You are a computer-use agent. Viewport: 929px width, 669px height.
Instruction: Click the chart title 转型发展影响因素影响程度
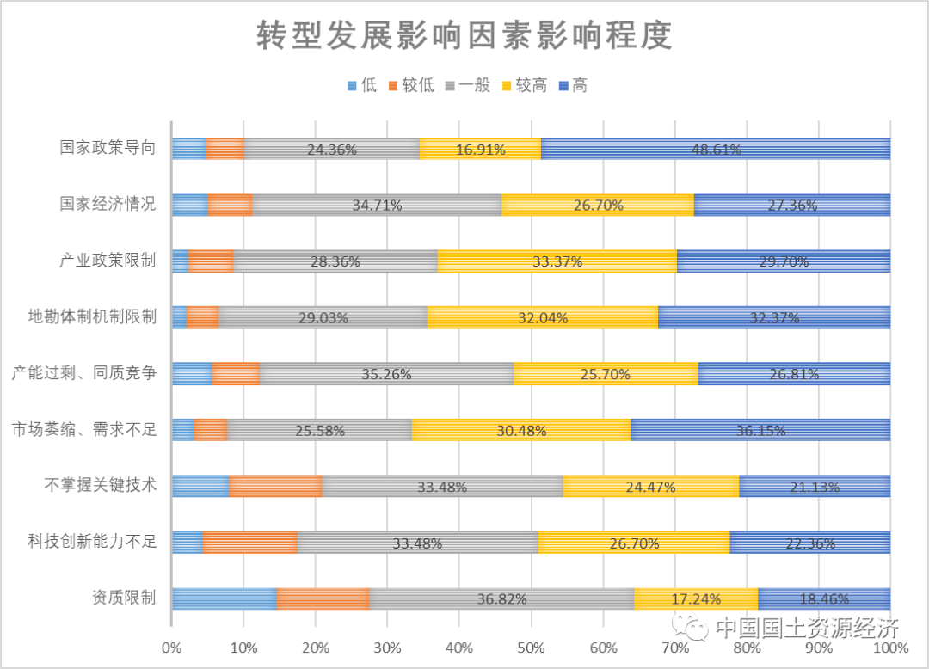point(464,37)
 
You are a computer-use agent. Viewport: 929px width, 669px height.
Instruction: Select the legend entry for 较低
point(411,85)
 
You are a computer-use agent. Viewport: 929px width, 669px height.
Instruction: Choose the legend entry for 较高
point(523,85)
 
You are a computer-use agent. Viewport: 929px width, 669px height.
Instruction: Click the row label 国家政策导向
point(108,148)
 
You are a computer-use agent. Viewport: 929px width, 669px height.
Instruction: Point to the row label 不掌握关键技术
point(101,486)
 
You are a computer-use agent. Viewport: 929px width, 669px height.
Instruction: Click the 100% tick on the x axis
point(889,647)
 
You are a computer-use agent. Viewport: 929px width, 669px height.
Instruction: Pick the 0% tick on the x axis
point(172,647)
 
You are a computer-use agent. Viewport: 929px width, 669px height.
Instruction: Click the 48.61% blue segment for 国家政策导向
point(716,149)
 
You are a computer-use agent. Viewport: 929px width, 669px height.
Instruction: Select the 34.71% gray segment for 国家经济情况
point(377,205)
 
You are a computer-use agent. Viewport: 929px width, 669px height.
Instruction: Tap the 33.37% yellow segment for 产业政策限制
point(557,261)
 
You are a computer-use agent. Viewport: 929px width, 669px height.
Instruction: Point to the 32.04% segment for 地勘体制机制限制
point(543,317)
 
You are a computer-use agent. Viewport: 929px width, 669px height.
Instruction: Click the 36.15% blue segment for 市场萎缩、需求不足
point(760,430)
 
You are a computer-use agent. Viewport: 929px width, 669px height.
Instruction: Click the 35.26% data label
point(386,374)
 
